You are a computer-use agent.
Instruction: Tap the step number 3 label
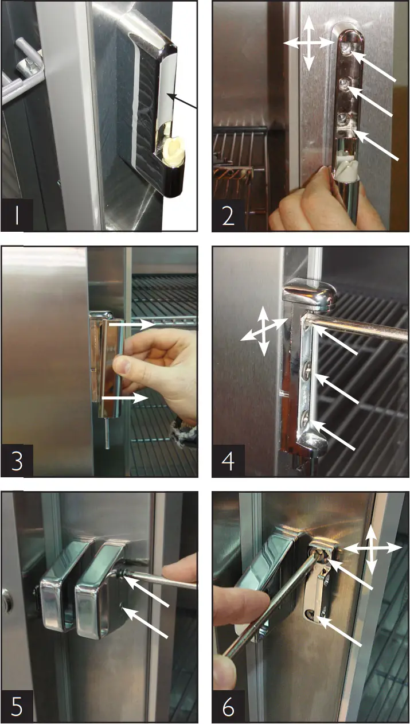click(x=17, y=461)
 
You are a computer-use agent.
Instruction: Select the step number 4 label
click(x=228, y=461)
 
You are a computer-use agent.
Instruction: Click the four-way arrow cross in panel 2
click(x=309, y=43)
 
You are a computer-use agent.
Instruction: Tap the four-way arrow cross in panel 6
click(x=372, y=548)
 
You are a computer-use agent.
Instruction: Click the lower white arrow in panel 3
click(x=125, y=396)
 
